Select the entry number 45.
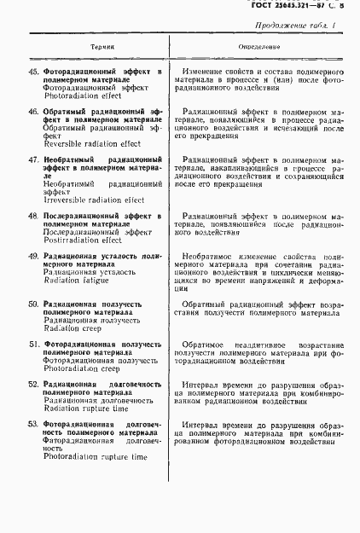pos(34,72)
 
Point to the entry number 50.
pos(34,304)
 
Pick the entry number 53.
pos(34,423)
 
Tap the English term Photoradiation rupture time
pos(95,457)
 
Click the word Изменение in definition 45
pos(206,72)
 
